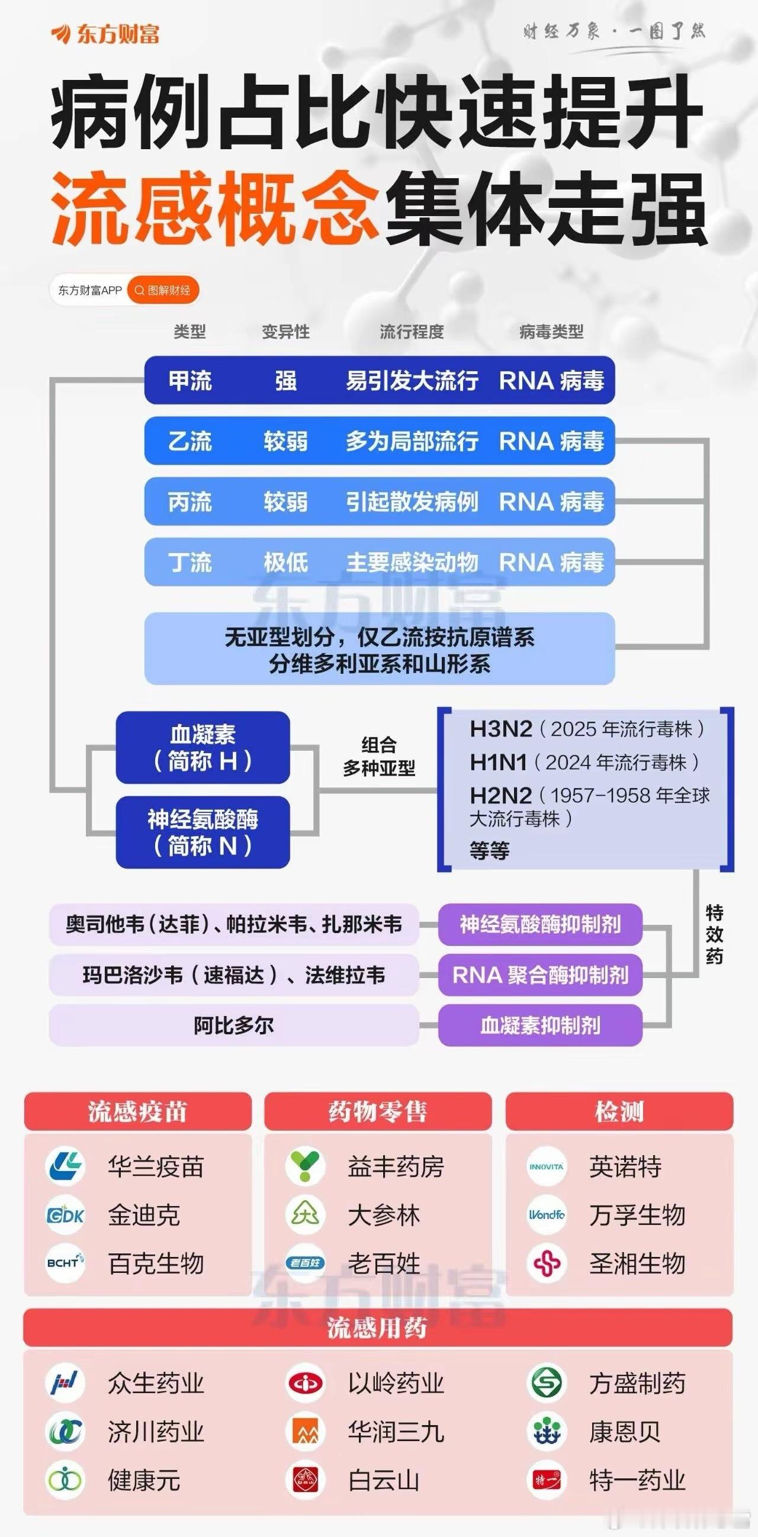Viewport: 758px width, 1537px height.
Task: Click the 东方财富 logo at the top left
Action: point(105,34)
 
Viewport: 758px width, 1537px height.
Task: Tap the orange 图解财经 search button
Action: point(163,291)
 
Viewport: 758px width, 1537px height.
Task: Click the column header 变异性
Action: point(285,332)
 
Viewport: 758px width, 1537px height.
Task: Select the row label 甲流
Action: point(190,381)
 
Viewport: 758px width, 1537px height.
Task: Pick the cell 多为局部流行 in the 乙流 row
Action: point(412,442)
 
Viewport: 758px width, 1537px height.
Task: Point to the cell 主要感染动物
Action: point(412,562)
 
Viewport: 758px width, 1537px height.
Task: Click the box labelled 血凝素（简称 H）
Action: point(203,748)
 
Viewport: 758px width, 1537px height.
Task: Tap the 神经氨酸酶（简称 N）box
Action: point(203,832)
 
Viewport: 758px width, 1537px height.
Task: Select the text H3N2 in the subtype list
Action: point(500,728)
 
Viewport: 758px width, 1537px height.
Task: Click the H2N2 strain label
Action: point(500,795)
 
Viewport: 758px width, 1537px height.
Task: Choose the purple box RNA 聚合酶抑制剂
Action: point(540,975)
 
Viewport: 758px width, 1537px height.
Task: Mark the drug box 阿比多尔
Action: point(233,1025)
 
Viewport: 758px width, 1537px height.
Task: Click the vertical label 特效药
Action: point(714,934)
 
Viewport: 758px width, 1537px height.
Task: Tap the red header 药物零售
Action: point(378,1111)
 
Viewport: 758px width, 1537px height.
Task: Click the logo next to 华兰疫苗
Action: point(65,1166)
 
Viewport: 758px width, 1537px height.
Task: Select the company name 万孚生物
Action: point(637,1215)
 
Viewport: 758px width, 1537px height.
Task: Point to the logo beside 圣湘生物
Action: point(547,1263)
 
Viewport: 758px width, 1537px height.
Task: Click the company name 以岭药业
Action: point(396,1383)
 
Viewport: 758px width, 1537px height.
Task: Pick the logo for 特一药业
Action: point(547,1480)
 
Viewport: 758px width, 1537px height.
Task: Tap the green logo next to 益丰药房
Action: point(306,1166)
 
